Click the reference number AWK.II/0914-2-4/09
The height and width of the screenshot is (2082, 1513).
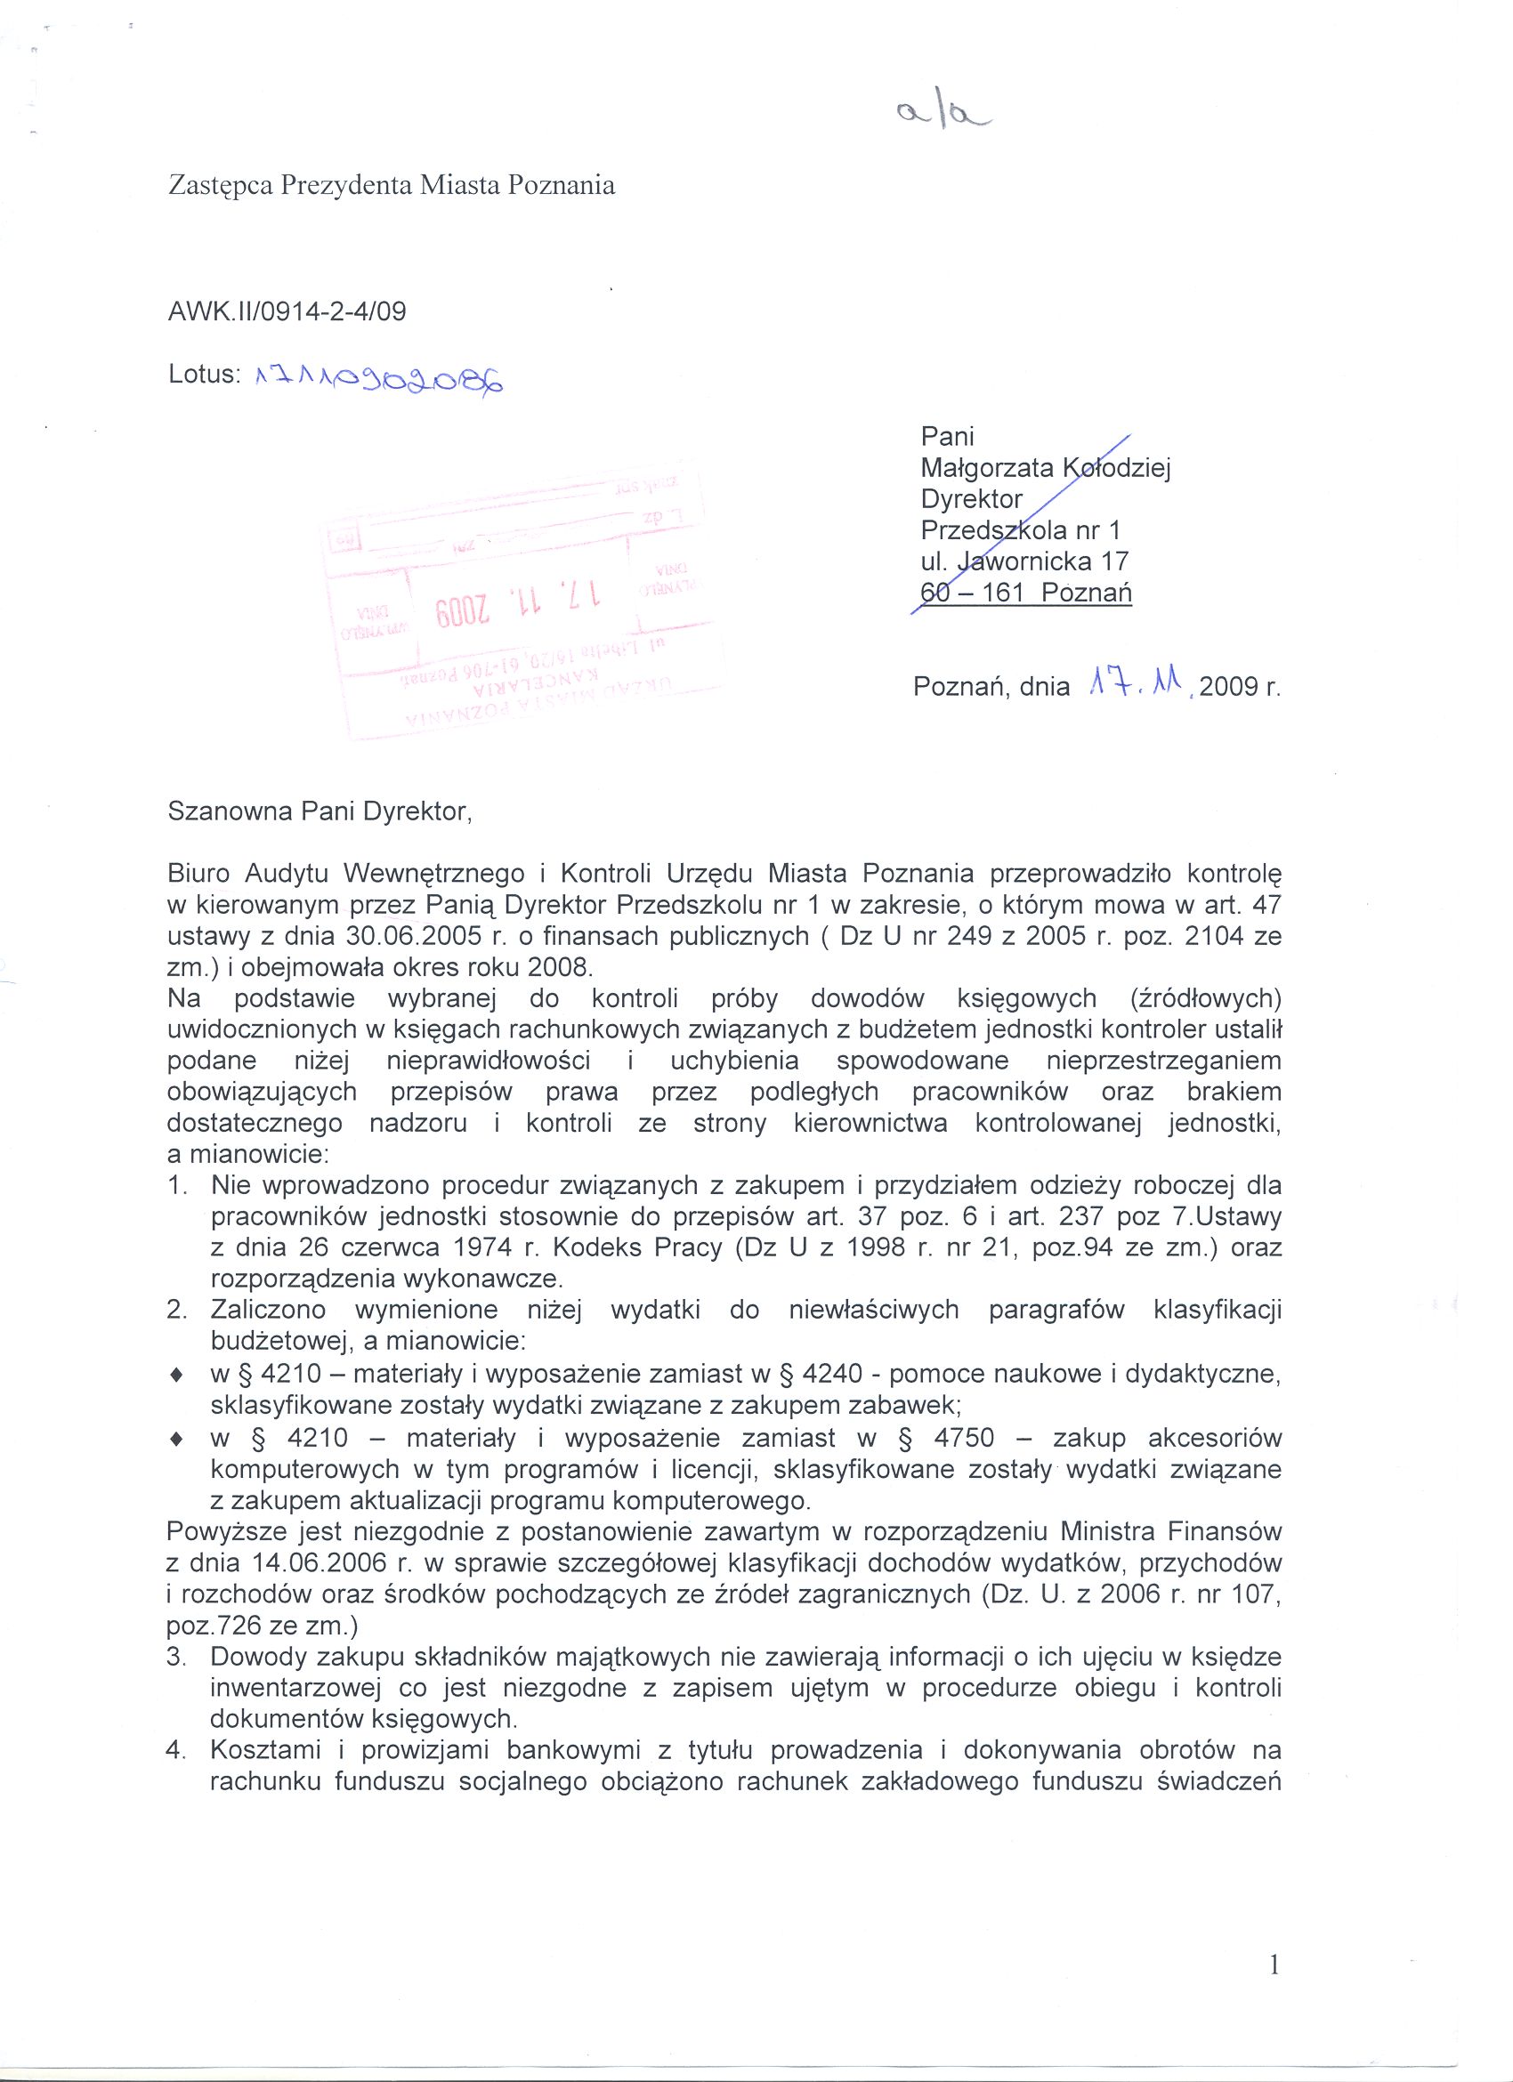287,312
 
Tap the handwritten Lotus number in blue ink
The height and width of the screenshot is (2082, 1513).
380,376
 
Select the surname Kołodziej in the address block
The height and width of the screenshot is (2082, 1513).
1115,468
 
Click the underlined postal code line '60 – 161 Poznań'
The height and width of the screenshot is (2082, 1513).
1025,592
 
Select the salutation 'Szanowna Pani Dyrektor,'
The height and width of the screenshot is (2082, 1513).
320,812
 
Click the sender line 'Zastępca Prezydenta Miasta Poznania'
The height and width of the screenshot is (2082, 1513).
391,186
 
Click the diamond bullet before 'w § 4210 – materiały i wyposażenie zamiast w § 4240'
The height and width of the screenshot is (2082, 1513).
175,1376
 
